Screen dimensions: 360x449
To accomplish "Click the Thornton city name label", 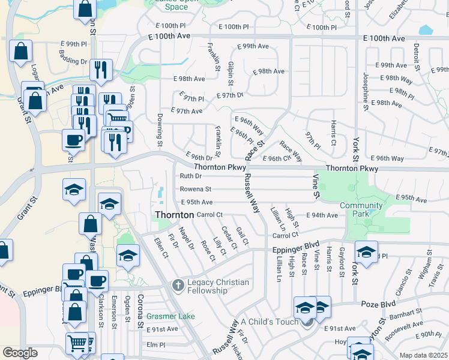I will pos(174,214).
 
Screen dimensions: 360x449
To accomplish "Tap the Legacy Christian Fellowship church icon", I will pos(178,285).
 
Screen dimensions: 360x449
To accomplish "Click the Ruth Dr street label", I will pos(190,176).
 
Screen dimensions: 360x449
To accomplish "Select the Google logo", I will pos(20,353).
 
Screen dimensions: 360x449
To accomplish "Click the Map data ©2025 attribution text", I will pos(423,355).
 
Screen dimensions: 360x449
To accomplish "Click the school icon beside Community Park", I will pos(366,252).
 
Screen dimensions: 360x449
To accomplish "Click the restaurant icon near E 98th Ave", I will pos(101,70).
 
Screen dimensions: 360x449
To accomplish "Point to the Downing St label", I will pos(160,130).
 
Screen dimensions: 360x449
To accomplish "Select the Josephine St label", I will pos(364,84).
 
